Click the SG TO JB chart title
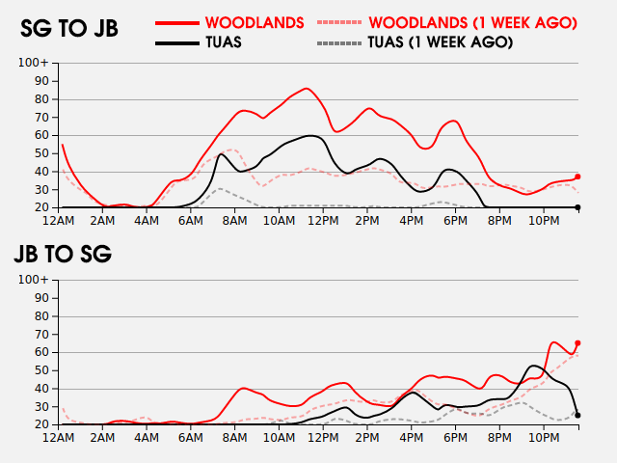coord(69,28)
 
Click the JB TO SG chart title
coord(63,254)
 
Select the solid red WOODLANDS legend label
coord(255,23)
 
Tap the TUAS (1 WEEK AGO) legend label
coord(441,42)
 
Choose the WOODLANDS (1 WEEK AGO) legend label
coord(473,23)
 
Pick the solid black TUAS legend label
coord(224,42)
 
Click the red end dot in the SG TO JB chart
coord(577,177)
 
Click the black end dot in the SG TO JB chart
coord(577,207)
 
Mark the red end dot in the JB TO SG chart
coord(577,343)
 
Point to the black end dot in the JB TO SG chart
coord(577,416)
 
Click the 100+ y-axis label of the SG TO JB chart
coord(33,63)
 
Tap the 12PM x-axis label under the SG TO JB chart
coord(323,221)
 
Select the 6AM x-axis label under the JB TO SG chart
coord(191,438)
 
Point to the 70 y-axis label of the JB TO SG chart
coord(42,335)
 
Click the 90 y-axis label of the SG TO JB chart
coord(42,81)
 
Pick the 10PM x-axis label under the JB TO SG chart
coord(544,438)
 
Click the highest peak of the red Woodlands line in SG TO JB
coord(307,88)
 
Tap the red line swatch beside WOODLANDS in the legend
coord(177,23)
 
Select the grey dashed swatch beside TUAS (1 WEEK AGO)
coord(338,42)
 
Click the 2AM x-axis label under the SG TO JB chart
coord(102,221)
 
